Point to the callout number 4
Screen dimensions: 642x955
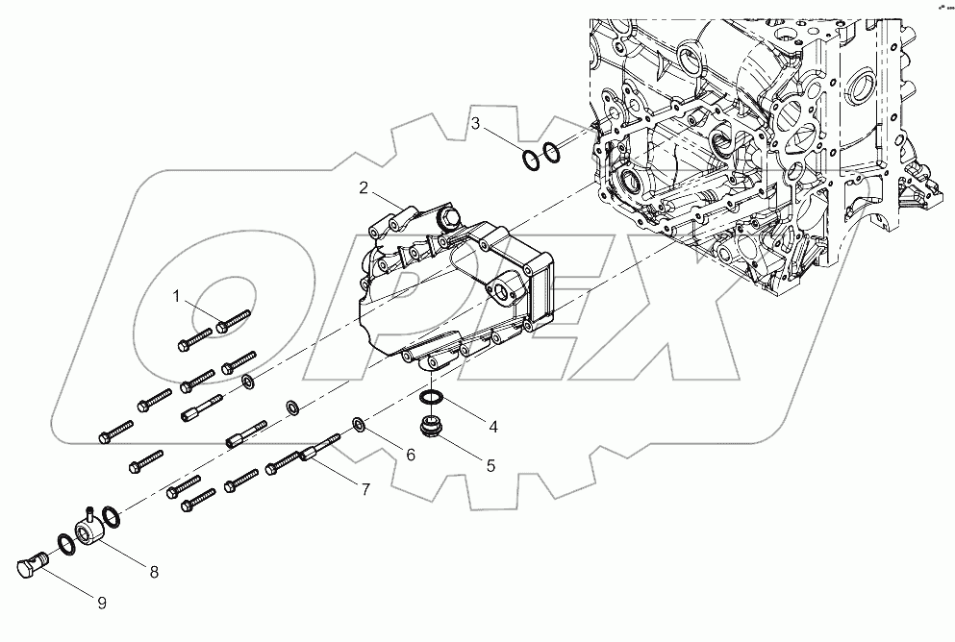(491, 426)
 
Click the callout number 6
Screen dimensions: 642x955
(410, 455)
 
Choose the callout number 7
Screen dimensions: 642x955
(365, 489)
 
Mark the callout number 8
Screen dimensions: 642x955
(154, 571)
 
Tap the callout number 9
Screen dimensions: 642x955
(101, 603)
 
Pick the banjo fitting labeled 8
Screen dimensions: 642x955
(89, 530)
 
